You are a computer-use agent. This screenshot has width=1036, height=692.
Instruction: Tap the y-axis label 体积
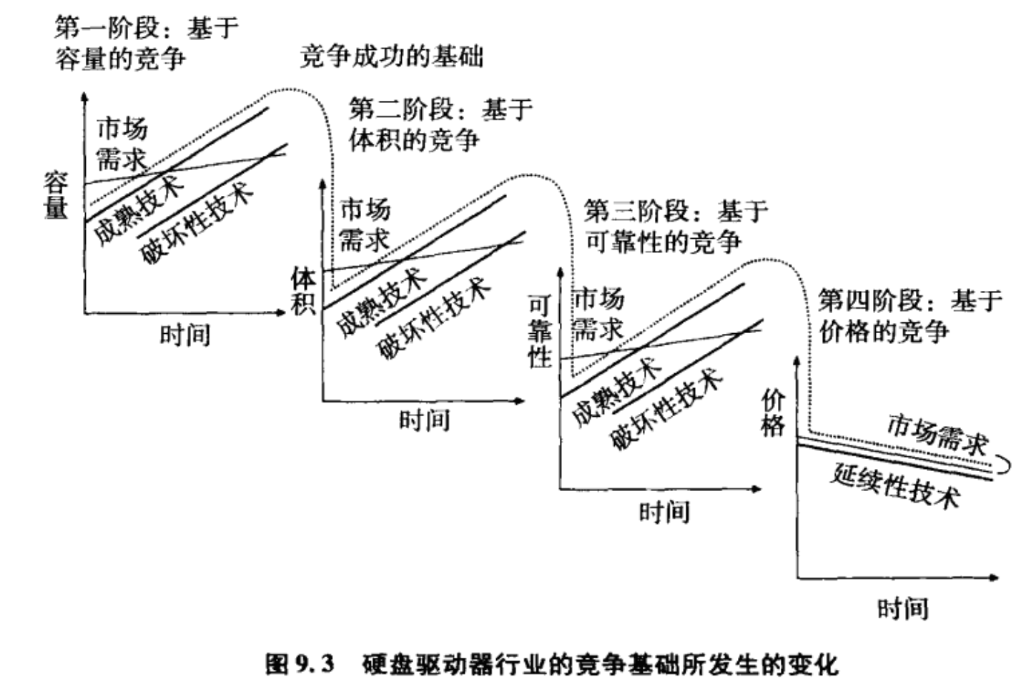(x=303, y=290)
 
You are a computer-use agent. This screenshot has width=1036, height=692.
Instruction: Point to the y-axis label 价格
(x=772, y=412)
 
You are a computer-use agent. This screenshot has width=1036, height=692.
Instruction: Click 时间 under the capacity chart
(x=184, y=335)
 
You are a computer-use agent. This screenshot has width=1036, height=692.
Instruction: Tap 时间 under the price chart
(x=902, y=609)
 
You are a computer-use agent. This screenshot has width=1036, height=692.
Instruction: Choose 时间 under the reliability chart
(x=663, y=512)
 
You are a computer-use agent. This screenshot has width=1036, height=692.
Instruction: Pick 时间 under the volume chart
(x=424, y=420)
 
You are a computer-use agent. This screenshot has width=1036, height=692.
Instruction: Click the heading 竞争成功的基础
(x=391, y=56)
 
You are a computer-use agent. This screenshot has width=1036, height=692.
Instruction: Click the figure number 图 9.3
(x=300, y=665)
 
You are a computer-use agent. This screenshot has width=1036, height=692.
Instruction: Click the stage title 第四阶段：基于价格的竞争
(x=909, y=315)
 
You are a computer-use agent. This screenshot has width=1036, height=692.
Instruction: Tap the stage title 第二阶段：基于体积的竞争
(x=440, y=124)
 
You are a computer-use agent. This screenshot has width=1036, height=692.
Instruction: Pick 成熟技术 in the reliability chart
(x=616, y=391)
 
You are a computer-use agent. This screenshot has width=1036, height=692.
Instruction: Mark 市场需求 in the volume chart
(x=365, y=224)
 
